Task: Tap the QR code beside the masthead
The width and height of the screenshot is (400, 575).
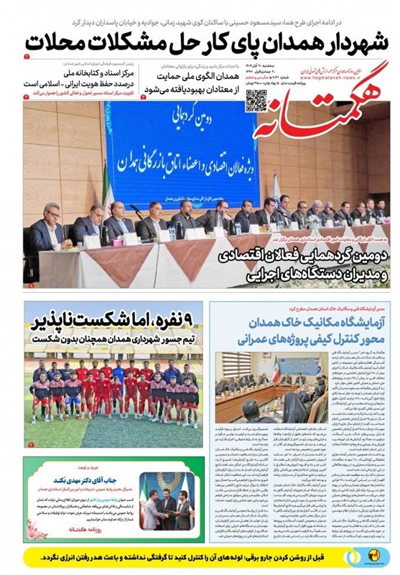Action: pos(256,101)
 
